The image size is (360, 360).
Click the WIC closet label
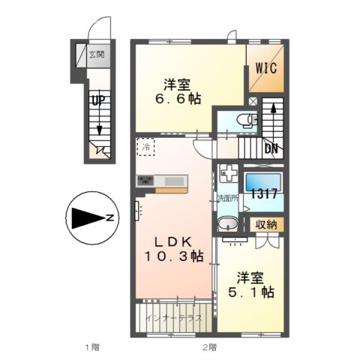click(267, 67)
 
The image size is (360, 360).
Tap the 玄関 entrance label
click(96, 54)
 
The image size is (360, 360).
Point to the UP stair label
click(97, 99)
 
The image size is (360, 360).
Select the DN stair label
click(271, 148)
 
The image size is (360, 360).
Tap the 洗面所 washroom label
click(226, 199)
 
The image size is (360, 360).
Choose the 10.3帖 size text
click(174, 256)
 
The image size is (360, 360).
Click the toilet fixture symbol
click(244, 120)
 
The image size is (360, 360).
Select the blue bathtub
click(263, 182)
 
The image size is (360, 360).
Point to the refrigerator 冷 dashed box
click(146, 147)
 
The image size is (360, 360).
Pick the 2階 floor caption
click(208, 347)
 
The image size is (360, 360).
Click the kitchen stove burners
click(145, 180)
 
